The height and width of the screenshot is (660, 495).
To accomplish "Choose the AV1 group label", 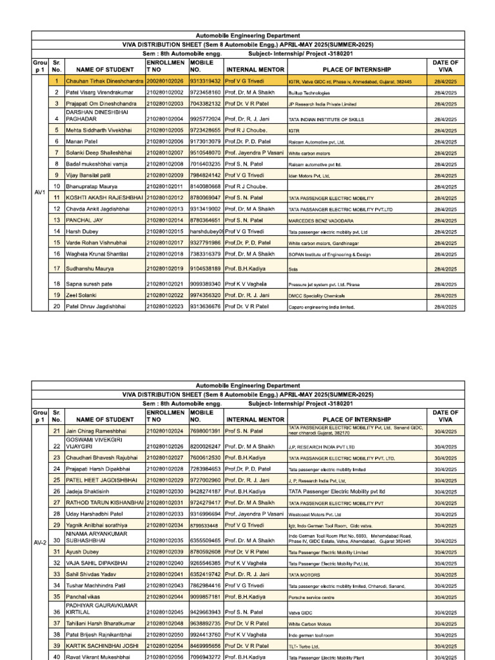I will coord(39,193).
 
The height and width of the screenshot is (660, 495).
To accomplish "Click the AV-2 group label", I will coord(39,542).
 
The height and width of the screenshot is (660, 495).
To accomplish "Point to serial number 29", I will coord(57,526).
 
